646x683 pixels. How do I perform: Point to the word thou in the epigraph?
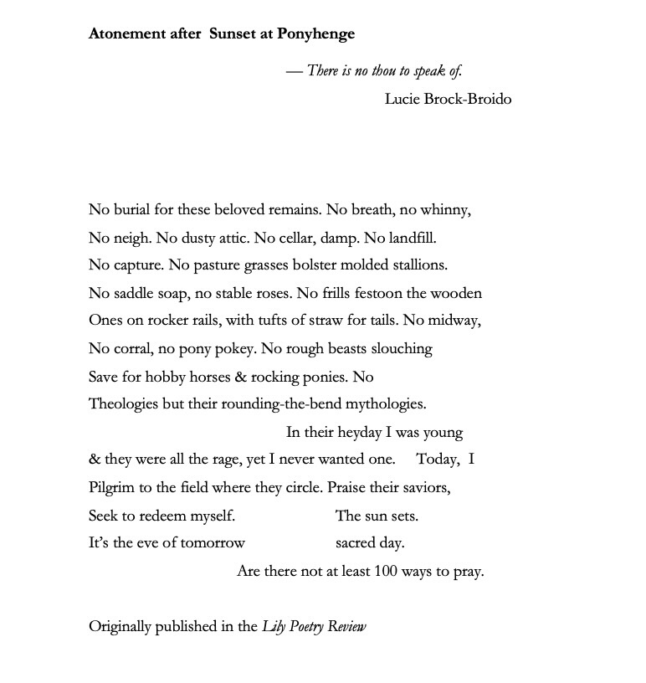(x=383, y=71)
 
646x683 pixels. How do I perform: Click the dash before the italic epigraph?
(x=294, y=71)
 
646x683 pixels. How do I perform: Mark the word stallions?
(x=416, y=265)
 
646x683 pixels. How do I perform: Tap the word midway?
(x=455, y=321)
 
